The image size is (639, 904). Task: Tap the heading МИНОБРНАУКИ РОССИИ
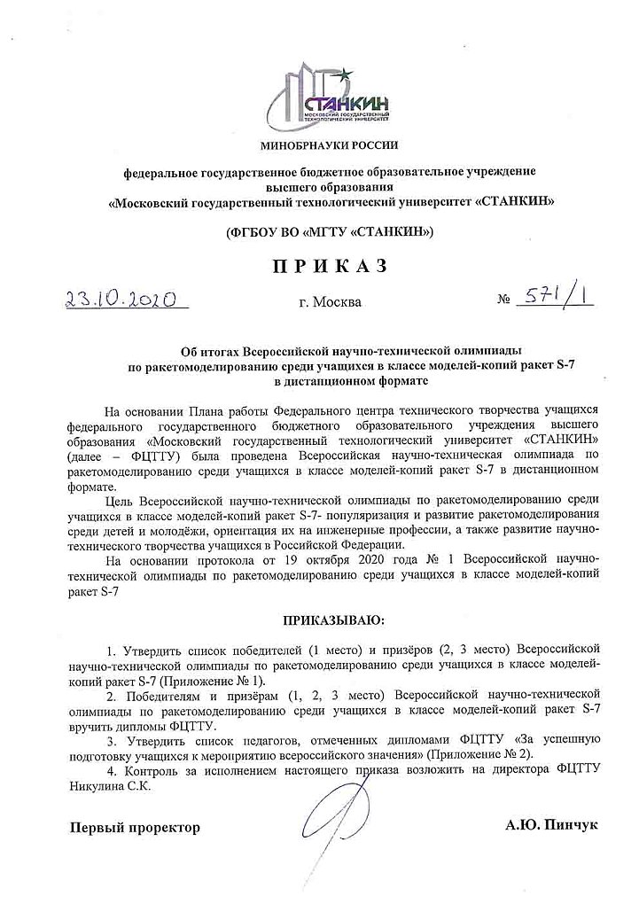330,144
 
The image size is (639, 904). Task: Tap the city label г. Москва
331,302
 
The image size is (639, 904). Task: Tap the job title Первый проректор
136,828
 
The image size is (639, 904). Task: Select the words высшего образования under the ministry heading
330,187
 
